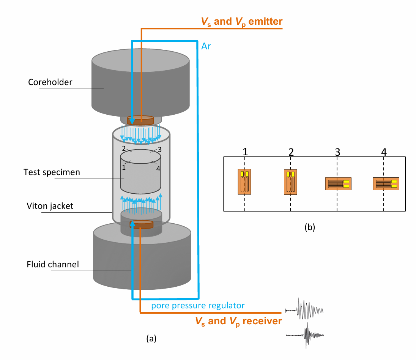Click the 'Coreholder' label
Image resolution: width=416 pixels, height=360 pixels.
[50, 82]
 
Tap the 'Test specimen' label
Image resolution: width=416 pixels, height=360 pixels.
[52, 172]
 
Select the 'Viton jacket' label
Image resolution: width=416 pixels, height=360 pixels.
[50, 206]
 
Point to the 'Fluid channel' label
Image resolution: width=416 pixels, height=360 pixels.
[53, 264]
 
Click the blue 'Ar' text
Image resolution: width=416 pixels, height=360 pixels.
[206, 46]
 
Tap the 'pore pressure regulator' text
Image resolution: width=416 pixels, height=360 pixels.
[198, 306]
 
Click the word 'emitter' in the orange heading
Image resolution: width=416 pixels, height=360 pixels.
[265, 21]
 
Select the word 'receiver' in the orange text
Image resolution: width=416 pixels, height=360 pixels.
[262, 321]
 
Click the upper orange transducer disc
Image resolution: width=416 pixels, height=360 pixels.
[140, 120]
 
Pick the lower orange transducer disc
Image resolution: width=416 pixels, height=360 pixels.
[142, 224]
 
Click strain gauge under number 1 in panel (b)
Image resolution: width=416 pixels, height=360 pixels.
[244, 182]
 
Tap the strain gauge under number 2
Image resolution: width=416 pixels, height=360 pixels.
[290, 182]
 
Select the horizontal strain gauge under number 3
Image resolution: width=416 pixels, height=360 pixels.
[338, 184]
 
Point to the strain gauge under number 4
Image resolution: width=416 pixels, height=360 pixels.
[386, 184]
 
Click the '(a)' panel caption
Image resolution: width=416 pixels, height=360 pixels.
[151, 338]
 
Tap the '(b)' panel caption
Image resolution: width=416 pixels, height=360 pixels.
[310, 227]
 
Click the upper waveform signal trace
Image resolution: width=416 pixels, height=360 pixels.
[304, 309]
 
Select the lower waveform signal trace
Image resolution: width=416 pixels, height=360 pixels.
[305, 335]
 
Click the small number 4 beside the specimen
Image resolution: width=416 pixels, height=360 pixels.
[158, 169]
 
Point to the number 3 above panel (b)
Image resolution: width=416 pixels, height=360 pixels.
[337, 152]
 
